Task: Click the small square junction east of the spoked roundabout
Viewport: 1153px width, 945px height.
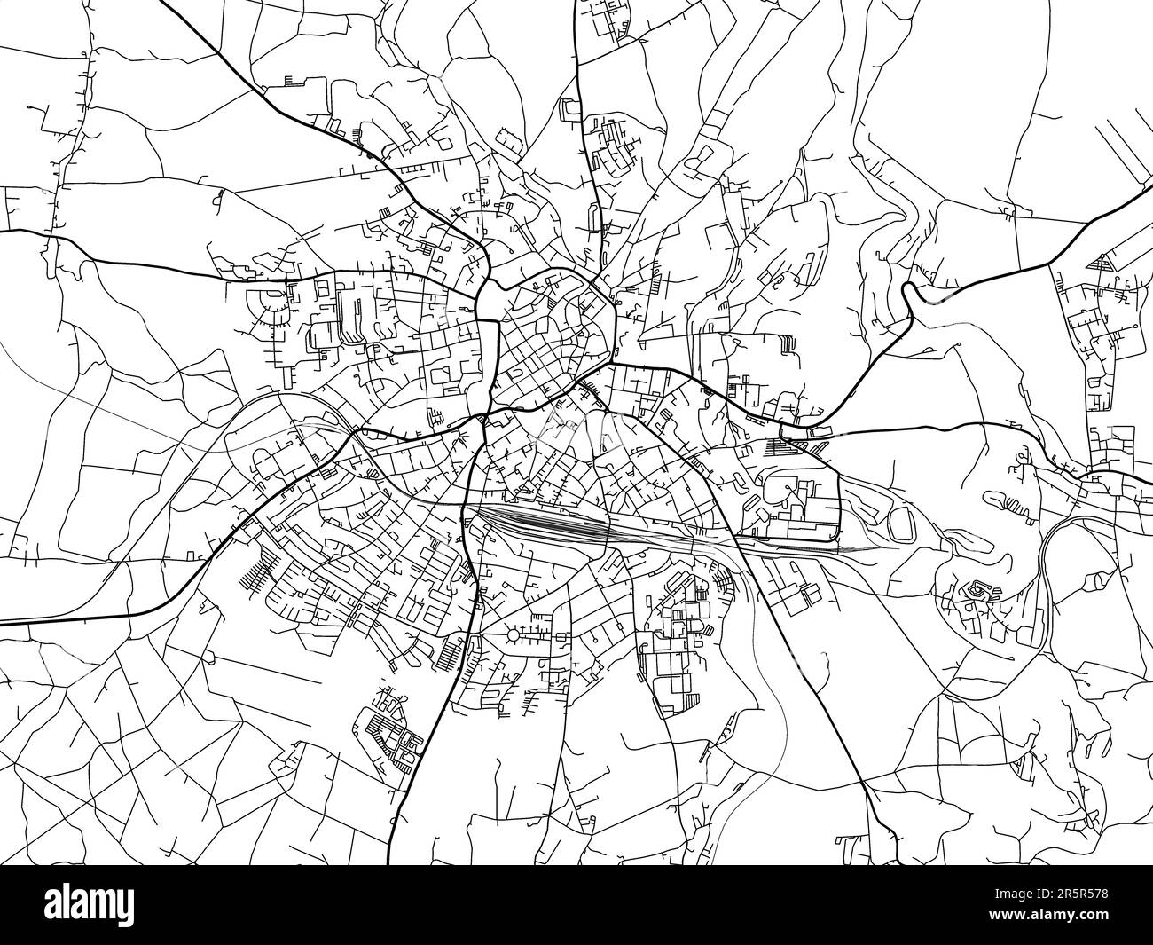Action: (560, 636)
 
